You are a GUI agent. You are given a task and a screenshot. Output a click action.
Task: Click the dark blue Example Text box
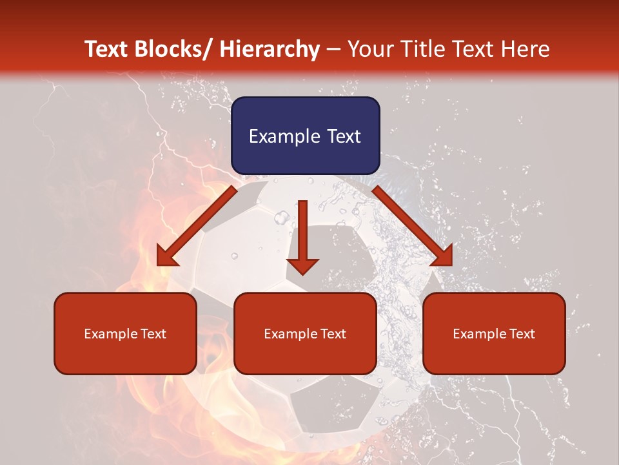[305, 136]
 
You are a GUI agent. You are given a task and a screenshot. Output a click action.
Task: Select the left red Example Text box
[125, 333]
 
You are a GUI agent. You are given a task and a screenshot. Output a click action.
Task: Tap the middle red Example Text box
[305, 333]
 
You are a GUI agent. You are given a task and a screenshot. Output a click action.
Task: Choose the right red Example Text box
[494, 333]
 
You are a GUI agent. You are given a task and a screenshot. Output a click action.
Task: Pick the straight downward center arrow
[303, 236]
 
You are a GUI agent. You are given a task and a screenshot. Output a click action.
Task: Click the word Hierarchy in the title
[270, 49]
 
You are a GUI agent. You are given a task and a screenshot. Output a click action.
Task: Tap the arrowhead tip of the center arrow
[303, 271]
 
